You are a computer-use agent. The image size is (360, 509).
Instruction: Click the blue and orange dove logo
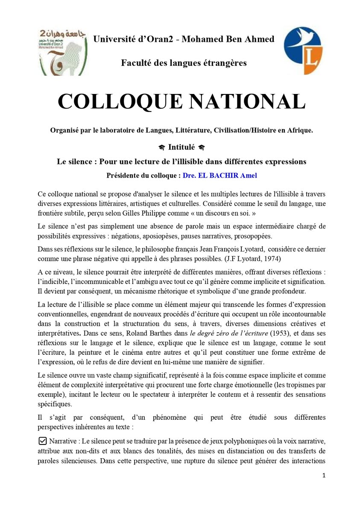tap(303, 50)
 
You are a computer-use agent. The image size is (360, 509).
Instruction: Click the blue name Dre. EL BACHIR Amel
tap(220, 176)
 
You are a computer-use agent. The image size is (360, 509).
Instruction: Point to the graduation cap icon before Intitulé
tap(161, 148)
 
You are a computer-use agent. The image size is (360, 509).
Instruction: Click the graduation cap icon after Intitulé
tap(202, 148)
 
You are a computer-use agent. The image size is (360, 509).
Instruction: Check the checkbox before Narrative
tap(42, 440)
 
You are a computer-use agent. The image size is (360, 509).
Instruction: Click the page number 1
tap(324, 475)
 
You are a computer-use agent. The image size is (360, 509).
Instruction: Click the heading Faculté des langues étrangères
tap(184, 63)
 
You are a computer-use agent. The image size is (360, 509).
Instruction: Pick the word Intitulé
tap(181, 147)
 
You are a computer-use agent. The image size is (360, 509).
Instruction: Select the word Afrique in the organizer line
tap(299, 131)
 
